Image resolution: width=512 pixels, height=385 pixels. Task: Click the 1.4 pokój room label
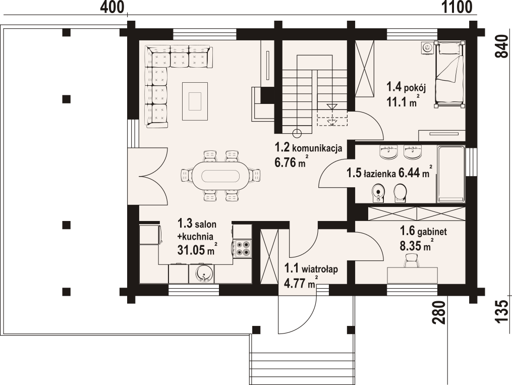coord(406,87)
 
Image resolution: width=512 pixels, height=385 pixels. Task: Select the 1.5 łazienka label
coord(371,173)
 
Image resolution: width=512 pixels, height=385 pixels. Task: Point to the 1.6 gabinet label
coord(423,232)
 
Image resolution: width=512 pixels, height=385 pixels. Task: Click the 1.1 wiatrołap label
coord(311,269)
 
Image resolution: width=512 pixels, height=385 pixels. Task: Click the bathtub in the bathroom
coord(451,174)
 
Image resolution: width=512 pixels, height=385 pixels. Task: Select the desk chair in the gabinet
coord(412,260)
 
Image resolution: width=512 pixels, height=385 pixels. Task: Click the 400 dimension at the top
coord(112,7)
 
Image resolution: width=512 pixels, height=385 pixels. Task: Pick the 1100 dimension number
coord(457,7)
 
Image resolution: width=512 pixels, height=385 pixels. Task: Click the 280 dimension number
coord(439,312)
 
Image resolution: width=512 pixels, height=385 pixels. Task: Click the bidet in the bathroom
coord(378,193)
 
